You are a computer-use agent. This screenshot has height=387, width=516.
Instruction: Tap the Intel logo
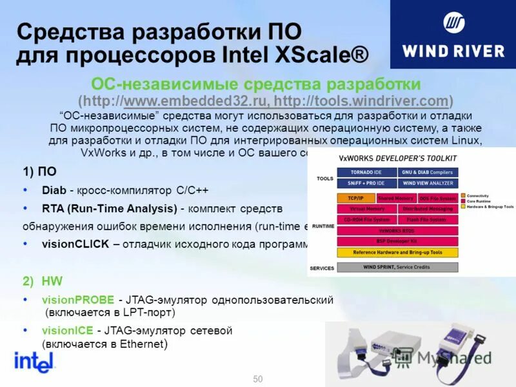pos(34,362)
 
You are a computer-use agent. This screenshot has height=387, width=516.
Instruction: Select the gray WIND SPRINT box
pos(397,267)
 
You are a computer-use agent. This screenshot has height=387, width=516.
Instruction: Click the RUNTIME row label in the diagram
pos(322,226)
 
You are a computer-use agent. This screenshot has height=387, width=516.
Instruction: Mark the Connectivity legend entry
pos(478,195)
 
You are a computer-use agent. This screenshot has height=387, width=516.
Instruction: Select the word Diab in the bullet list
pos(54,190)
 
